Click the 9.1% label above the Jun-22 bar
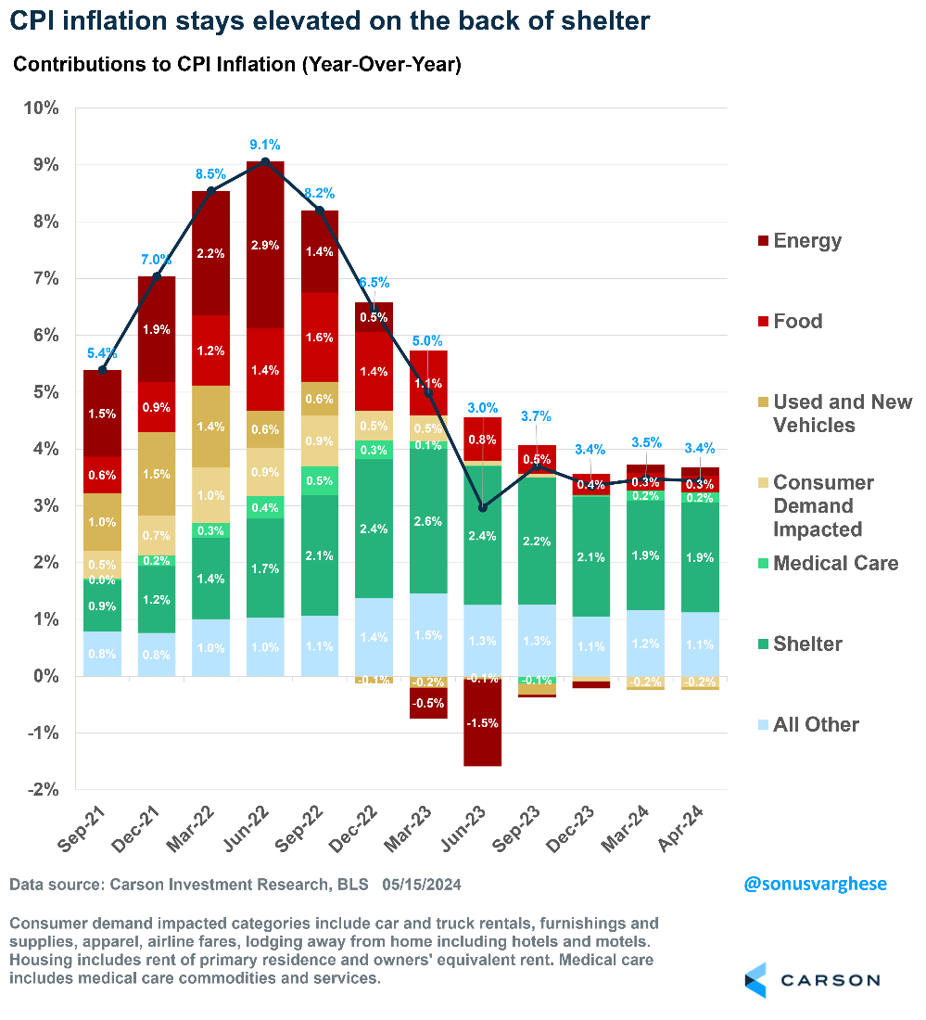[264, 145]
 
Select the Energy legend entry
[806, 241]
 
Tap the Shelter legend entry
[808, 644]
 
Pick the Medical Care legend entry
[835, 564]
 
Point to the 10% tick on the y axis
[40, 108]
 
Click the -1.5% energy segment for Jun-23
[482, 723]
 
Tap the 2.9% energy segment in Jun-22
[264, 245]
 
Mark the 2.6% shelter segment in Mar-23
[427, 521]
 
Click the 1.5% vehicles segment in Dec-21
[156, 473]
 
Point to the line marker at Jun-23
[482, 507]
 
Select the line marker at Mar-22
[210, 191]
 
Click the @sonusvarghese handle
[815, 884]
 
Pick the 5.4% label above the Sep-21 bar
[102, 353]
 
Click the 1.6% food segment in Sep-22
[319, 338]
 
